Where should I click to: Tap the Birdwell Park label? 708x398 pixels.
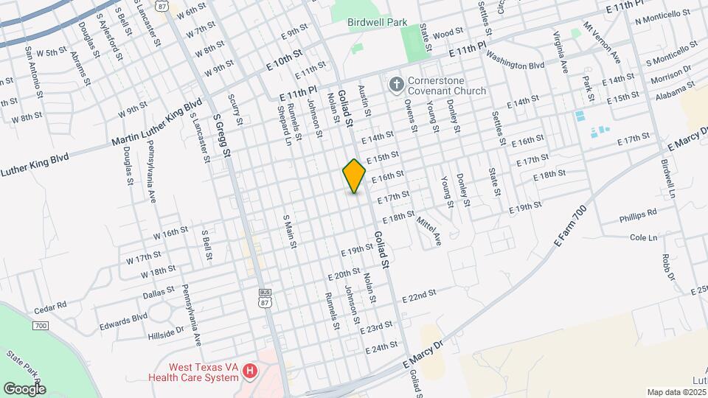tap(377, 22)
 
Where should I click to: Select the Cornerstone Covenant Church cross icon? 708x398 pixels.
tap(395, 85)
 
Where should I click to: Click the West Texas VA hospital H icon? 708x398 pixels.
tap(250, 371)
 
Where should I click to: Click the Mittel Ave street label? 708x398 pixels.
tap(428, 230)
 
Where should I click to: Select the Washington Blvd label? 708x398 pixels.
tap(515, 65)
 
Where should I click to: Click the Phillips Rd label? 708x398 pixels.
tap(637, 214)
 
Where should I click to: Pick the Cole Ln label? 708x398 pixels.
tap(643, 237)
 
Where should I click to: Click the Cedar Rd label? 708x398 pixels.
tap(50, 304)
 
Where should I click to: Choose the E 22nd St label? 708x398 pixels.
tap(419, 296)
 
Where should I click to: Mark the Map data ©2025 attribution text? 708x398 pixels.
tap(674, 392)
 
